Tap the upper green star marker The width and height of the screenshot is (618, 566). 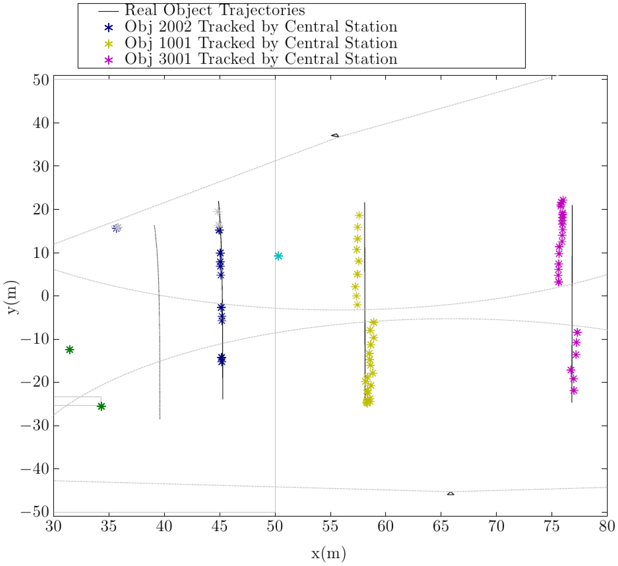click(70, 350)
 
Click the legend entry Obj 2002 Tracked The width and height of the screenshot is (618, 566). click(261, 27)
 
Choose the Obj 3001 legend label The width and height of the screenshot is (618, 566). click(261, 59)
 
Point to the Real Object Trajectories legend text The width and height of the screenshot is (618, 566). click(215, 11)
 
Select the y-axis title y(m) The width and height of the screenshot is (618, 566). click(13, 297)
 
